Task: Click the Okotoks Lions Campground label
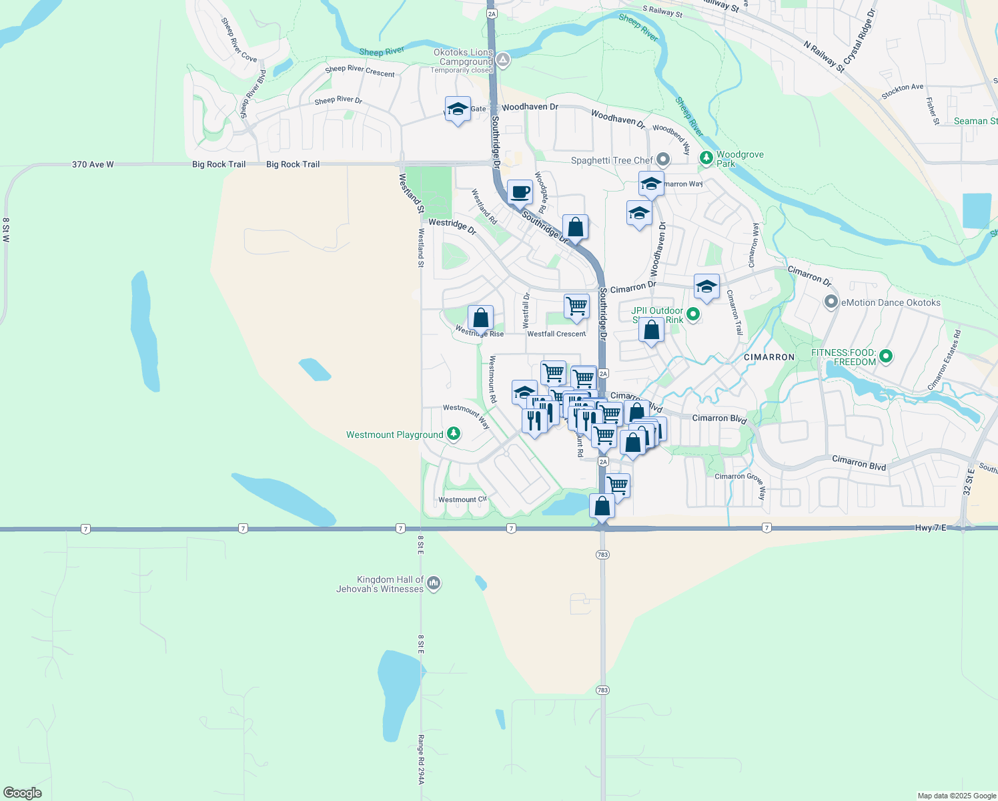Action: coord(463,57)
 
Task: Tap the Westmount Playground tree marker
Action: coord(454,435)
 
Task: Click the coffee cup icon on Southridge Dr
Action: coord(520,192)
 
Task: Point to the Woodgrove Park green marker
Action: coord(706,158)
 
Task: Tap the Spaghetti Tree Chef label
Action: coord(612,160)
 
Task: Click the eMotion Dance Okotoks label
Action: coord(891,302)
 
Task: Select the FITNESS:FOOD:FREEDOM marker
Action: coord(886,356)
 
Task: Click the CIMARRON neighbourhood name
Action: coord(769,357)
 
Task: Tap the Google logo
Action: coord(23,793)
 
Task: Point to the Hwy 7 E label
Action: coord(930,527)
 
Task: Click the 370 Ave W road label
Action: coord(93,164)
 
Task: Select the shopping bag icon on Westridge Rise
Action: coord(480,318)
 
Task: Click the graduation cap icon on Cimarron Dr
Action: coord(706,287)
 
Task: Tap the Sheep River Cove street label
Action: coord(238,41)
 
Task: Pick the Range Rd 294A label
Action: coord(421,760)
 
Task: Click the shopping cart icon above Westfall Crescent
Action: coord(576,306)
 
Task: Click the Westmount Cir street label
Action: coord(462,499)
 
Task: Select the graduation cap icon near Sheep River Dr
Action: coord(458,109)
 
